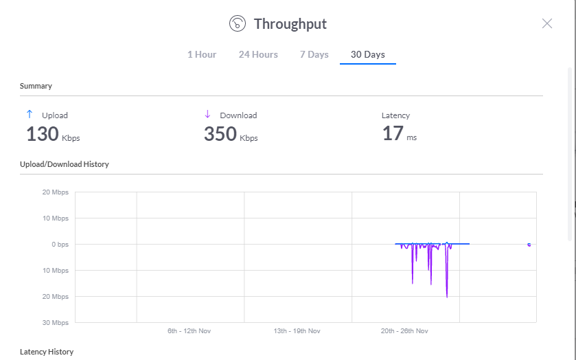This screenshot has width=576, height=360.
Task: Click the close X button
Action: coord(547,23)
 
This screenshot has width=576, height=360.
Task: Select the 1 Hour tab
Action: coord(202,54)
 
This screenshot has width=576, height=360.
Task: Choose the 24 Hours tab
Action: coord(258,54)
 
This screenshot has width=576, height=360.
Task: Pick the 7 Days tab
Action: coord(314,54)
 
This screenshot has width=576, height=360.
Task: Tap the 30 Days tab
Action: coord(368,54)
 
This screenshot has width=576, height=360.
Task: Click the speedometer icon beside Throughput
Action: coord(238,23)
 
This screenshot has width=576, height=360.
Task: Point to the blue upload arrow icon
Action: coord(30,114)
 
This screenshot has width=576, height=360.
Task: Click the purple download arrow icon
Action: coord(207,114)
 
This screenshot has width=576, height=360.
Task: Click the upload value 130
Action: coord(43,133)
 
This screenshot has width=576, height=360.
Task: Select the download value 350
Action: coord(220,133)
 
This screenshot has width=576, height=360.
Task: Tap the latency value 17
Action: coord(393,133)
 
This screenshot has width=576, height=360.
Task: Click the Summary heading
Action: coord(36,86)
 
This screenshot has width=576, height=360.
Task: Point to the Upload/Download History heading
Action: coord(65,164)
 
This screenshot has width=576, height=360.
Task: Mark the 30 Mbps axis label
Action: coord(56,323)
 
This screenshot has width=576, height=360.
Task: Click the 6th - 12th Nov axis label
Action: coord(189,331)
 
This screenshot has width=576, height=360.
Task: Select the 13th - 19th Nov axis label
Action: coord(297,331)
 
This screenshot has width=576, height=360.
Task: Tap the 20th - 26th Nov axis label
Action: coord(404,331)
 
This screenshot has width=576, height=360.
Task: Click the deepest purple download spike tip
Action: coord(447,297)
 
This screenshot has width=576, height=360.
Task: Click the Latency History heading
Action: coord(47,352)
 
